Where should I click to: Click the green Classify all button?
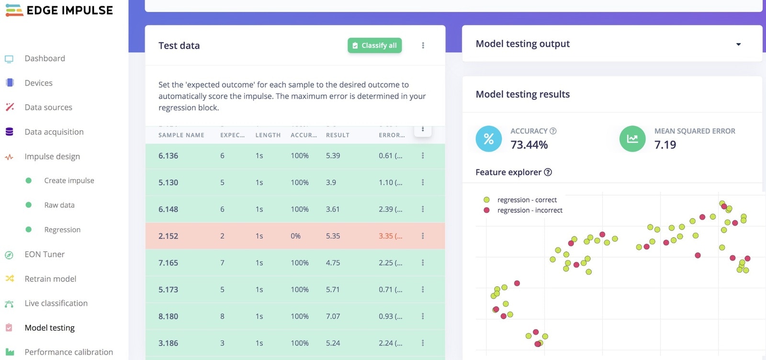coord(374,45)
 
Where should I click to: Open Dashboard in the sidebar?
coord(45,58)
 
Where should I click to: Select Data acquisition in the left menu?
coord(54,132)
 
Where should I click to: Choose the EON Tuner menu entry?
coord(44,254)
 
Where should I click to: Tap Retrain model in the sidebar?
coord(50,279)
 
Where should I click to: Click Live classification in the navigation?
coord(56,303)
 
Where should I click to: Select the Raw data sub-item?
coord(59,205)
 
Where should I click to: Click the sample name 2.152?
coord(168,236)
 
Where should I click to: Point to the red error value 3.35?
coord(386,236)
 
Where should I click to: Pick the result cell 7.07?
coord(333,316)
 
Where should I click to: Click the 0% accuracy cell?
coord(295,236)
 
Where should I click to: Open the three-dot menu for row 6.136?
coord(423,156)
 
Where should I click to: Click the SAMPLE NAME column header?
coord(181,135)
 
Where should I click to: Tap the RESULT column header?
coord(338,135)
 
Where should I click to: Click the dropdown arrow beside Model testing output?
coord(738,44)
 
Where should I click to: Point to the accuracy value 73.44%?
coord(529,145)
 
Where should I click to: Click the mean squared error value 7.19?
coord(665,145)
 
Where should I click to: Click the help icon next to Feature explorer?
coord(548,172)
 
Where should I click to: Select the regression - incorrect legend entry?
coord(529,210)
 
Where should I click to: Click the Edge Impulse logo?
coord(59,10)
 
